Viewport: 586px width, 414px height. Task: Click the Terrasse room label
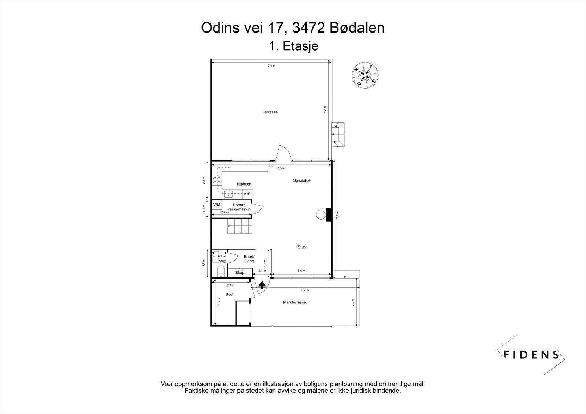[270, 112]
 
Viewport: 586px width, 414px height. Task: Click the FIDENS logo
[531, 354]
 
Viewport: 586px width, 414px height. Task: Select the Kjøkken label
[244, 184]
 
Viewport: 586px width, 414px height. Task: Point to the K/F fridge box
[247, 194]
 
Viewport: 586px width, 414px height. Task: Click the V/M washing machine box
[217, 205]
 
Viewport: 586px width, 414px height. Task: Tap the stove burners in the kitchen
[217, 181]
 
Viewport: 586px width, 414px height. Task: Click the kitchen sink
[229, 194]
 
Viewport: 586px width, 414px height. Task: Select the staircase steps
[240, 226]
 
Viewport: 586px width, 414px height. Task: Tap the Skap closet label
[240, 273]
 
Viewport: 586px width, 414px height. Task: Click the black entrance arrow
[262, 285]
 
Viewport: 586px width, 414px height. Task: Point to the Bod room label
[229, 294]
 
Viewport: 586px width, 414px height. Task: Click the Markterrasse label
[294, 302]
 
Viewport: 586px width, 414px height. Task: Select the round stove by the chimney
[321, 215]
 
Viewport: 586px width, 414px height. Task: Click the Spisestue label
[301, 180]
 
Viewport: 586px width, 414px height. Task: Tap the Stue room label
[301, 247]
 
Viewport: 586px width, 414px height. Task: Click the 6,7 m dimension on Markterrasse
[305, 290]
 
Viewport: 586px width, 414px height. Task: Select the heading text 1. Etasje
[293, 46]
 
